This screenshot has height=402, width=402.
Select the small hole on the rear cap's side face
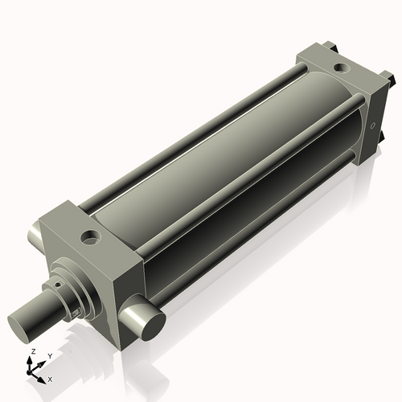[373, 125]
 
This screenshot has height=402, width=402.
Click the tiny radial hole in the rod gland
[59, 283]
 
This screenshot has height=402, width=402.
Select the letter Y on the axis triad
[49, 355]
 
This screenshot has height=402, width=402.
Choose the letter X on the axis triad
[50, 378]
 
